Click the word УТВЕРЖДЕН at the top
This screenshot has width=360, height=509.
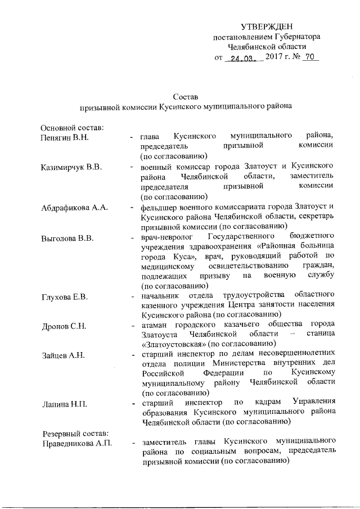pos(267,26)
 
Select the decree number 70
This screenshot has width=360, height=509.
pos(309,57)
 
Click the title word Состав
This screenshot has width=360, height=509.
pos(186,96)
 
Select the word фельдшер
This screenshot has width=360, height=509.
pos(160,208)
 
